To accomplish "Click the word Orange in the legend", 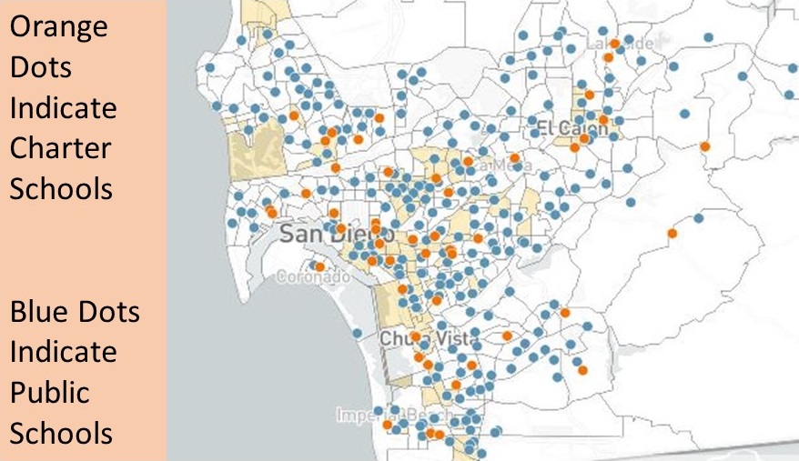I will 58,27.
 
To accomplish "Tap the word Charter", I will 61,148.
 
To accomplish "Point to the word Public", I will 50,393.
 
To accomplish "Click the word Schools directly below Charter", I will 61,189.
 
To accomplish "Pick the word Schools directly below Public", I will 61,433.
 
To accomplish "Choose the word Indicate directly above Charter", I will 63,108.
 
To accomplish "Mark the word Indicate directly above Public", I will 63,352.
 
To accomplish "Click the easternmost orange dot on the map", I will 704,146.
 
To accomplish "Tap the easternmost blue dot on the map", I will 789,94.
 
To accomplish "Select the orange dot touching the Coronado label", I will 319,266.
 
